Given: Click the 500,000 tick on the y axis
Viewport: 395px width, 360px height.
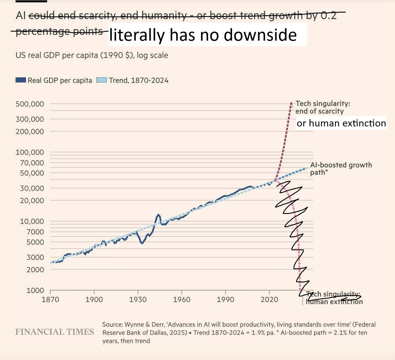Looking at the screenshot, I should click(x=30, y=104).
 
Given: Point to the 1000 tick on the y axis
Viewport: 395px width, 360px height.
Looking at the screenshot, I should click(x=35, y=290).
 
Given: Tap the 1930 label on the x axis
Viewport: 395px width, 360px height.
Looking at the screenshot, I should click(x=138, y=299).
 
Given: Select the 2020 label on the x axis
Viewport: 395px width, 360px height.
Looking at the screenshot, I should click(x=269, y=299).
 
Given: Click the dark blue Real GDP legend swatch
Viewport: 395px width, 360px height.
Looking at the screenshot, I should click(x=21, y=80).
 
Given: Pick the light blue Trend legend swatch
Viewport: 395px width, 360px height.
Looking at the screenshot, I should click(x=101, y=80).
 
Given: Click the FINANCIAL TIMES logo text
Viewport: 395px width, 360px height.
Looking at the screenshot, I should click(x=55, y=332).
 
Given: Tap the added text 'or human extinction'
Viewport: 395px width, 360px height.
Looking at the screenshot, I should click(x=341, y=123).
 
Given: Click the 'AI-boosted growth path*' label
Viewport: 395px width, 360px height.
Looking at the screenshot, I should click(x=341, y=169).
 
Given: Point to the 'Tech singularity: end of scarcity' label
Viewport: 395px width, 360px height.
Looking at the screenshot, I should click(x=322, y=107).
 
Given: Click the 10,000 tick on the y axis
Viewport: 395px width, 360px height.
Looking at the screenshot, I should click(x=32, y=221).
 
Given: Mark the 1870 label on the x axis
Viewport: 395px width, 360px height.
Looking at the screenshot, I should click(x=50, y=299).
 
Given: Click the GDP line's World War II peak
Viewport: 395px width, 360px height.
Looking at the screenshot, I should click(x=159, y=215).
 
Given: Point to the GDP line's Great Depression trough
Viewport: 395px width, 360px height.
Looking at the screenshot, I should click(x=142, y=243).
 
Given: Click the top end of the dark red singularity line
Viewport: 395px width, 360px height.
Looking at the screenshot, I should click(x=291, y=103).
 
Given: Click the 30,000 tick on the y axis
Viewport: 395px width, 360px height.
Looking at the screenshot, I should click(x=32, y=188).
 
